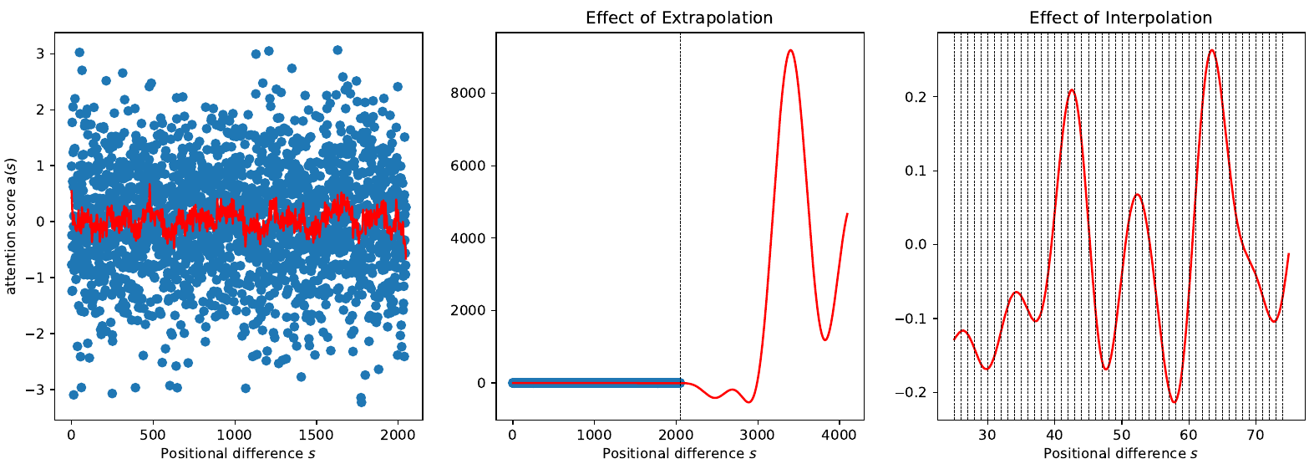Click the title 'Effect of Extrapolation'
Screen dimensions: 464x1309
[x=679, y=18]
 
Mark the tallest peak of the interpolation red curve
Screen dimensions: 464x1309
[x=1212, y=50]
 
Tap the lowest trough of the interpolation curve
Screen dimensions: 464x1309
[x=1175, y=402]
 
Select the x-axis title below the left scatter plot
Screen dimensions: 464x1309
[x=237, y=454]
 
